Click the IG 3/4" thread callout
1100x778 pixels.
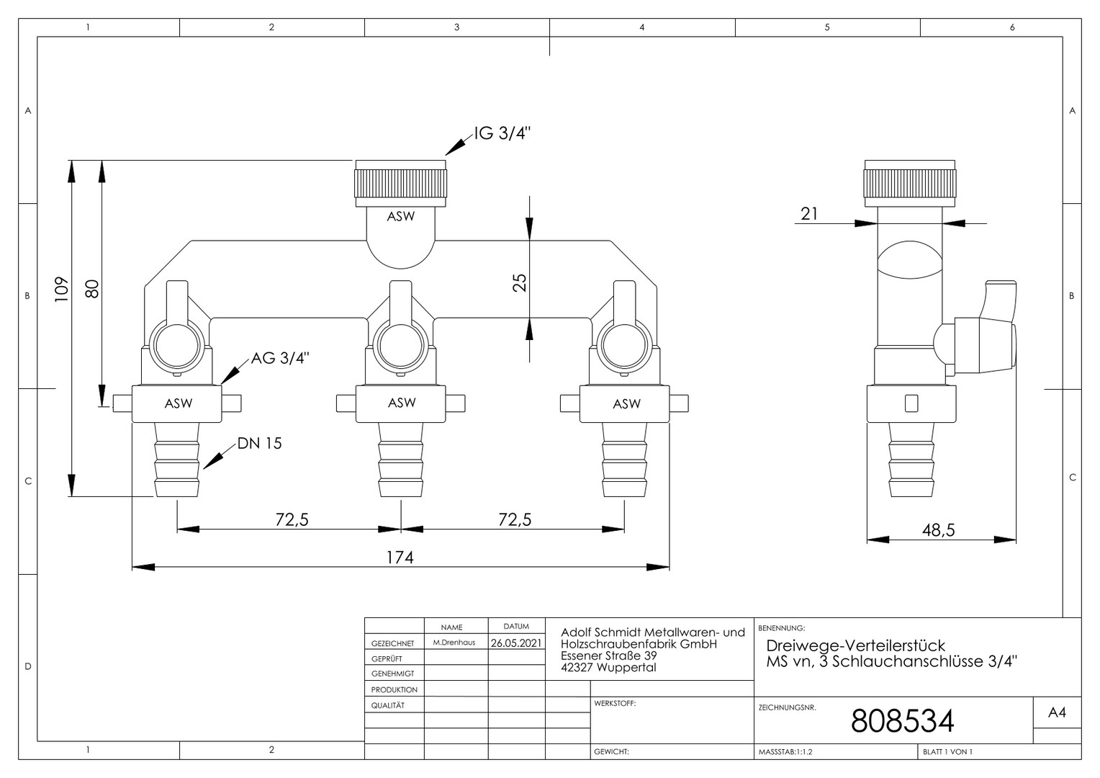tap(502, 134)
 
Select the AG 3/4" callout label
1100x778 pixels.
tap(280, 357)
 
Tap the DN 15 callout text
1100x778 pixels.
tap(259, 443)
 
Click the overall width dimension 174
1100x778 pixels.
tap(400, 557)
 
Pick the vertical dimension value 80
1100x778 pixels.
tap(91, 288)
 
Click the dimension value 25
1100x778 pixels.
tap(519, 282)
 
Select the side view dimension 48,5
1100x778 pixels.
tap(938, 530)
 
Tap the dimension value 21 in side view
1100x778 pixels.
tap(809, 213)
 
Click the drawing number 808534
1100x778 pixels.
tap(902, 720)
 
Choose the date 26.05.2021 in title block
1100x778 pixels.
tap(516, 643)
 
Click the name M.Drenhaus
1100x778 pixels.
tap(454, 643)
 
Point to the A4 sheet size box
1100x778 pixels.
tap(1057, 712)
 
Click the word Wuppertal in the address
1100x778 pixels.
tap(626, 668)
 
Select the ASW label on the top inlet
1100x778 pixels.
tap(401, 216)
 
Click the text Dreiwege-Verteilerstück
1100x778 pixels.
tap(855, 645)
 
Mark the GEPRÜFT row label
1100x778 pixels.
tap(387, 659)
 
